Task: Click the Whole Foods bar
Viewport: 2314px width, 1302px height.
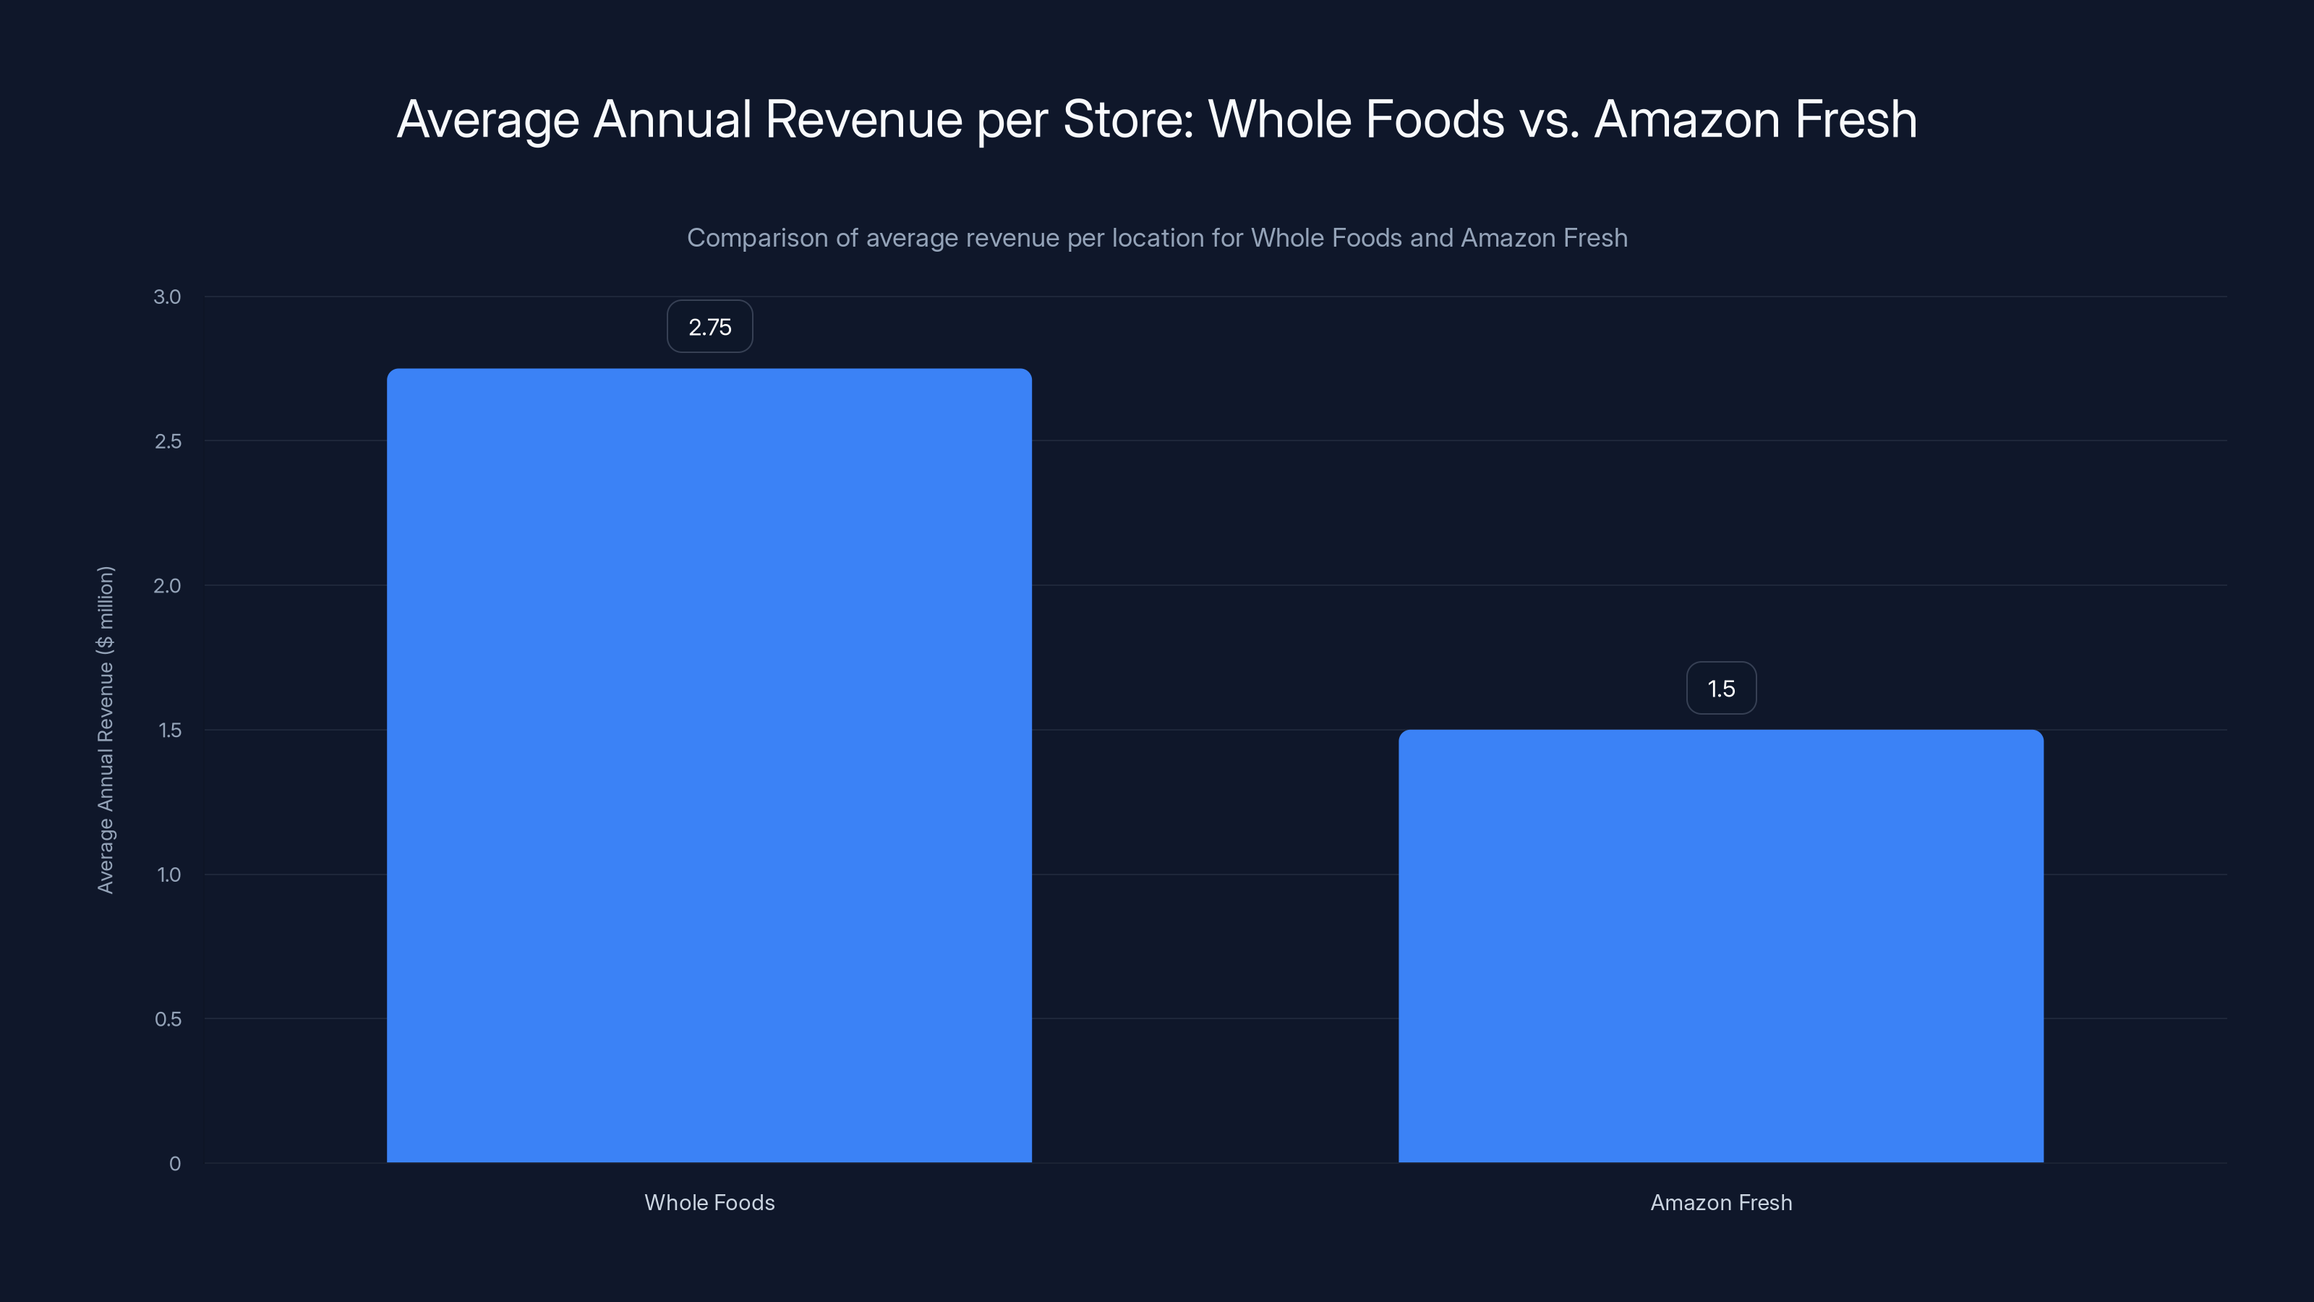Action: pos(709,764)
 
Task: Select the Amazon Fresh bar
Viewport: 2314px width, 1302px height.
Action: pos(1720,945)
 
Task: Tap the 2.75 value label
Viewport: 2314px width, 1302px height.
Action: pos(709,327)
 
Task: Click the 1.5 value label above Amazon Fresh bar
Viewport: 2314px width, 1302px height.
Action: pos(1720,689)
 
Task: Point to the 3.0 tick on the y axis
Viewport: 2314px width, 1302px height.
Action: pos(167,297)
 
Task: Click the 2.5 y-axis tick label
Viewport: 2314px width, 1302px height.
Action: pos(167,441)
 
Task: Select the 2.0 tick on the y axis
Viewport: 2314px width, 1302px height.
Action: pos(167,586)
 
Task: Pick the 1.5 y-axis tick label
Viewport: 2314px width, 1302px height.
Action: pos(169,731)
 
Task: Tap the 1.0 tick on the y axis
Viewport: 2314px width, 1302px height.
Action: pos(169,875)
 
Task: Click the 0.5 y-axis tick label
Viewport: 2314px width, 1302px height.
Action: pos(167,1019)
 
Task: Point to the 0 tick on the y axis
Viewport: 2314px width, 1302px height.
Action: pos(174,1164)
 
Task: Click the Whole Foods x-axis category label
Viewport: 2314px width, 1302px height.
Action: pos(709,1202)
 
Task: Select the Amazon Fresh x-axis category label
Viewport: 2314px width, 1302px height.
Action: pos(1720,1202)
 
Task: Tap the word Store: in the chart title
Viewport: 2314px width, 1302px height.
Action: pos(1128,119)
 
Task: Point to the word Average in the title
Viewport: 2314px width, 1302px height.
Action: pos(488,119)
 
